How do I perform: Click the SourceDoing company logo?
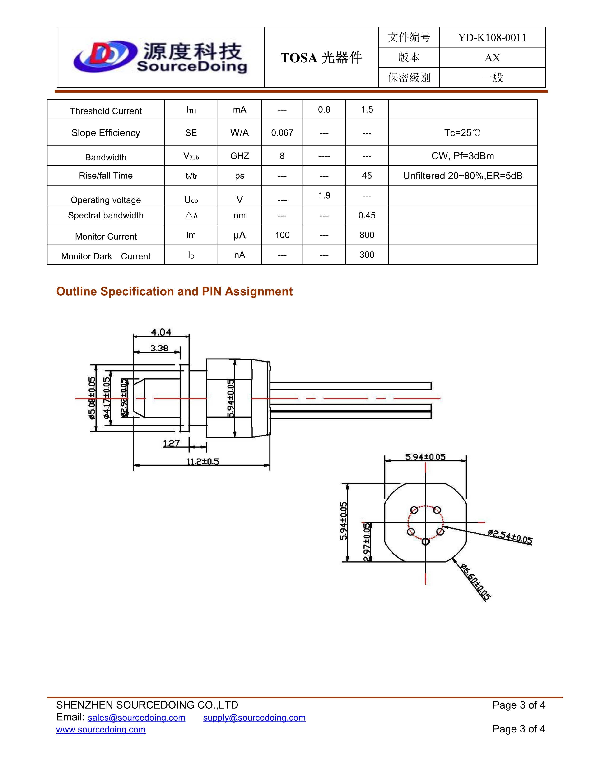tap(160, 57)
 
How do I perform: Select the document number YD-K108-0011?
tap(492, 38)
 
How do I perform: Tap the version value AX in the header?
tap(492, 58)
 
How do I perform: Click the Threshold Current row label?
tap(106, 111)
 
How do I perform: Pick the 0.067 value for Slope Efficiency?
tap(282, 133)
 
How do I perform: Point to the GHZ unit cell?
tap(239, 156)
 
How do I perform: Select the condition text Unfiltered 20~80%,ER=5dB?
tap(462, 176)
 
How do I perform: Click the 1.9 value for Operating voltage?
tap(324, 195)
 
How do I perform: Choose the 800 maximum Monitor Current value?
tap(367, 235)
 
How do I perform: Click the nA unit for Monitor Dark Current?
tap(239, 255)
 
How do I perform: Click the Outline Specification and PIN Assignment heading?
tap(174, 291)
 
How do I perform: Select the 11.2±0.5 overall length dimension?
tap(203, 462)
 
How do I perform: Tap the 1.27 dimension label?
tap(171, 444)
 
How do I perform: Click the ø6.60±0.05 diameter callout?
tap(475, 582)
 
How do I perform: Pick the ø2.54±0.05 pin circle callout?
tap(510, 537)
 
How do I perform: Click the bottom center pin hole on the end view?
tap(425, 542)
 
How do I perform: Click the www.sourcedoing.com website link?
tap(101, 730)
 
